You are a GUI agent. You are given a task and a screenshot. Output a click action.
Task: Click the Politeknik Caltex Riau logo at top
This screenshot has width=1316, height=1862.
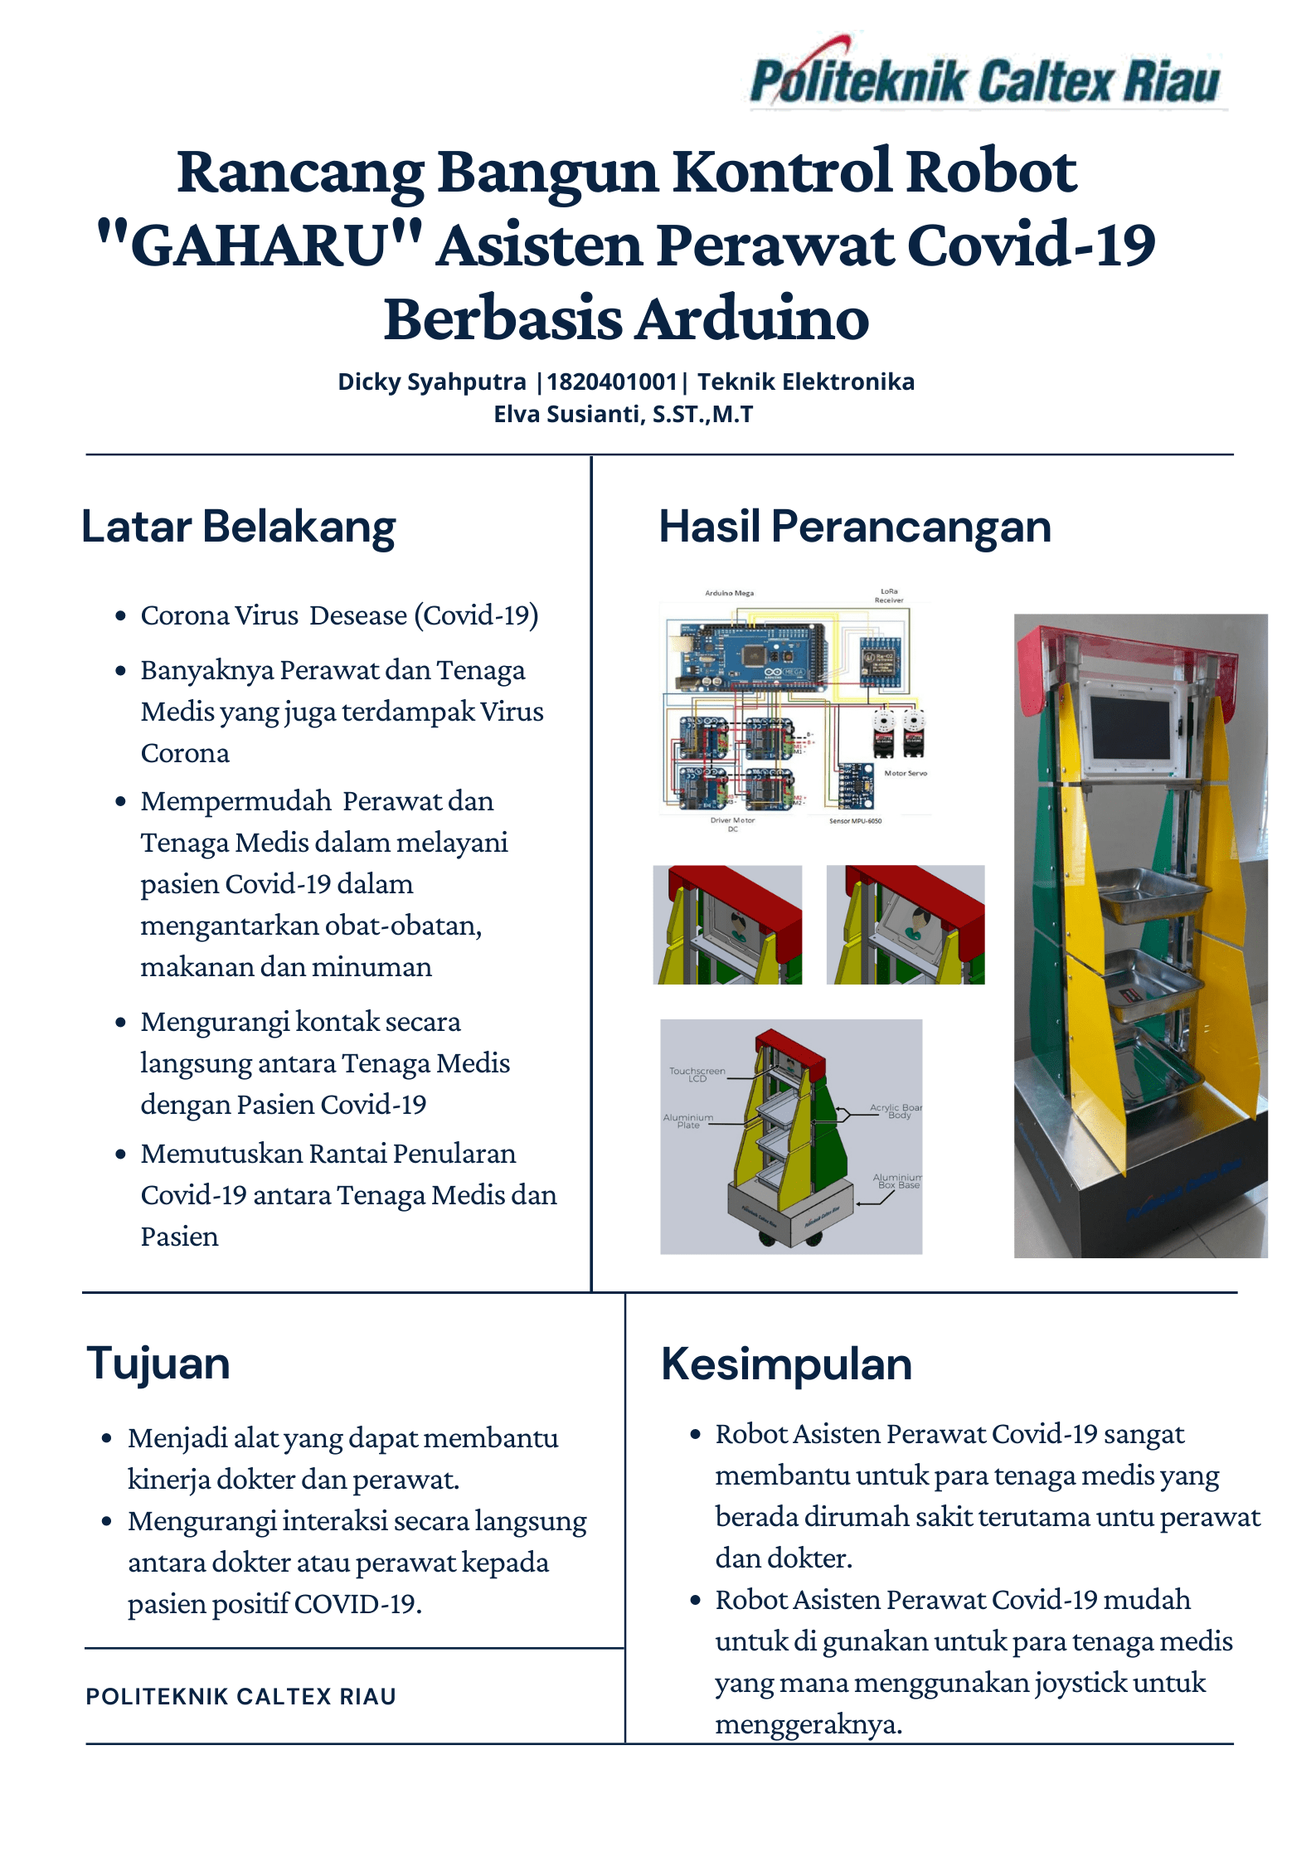(985, 80)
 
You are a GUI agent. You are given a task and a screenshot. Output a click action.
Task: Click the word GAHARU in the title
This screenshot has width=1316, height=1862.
(260, 246)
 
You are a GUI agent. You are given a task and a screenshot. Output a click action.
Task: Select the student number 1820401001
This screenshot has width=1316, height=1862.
(612, 382)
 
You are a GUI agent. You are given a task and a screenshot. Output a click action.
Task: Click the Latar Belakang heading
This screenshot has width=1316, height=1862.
(239, 527)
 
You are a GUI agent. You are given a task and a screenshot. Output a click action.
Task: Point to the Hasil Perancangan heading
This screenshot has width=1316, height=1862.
(855, 527)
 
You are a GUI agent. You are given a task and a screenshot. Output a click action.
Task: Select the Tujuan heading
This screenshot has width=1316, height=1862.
(158, 1364)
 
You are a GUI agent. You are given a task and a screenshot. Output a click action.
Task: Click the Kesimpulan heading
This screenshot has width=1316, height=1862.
(786, 1364)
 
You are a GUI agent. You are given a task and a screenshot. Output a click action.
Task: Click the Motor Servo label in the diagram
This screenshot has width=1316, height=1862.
(906, 773)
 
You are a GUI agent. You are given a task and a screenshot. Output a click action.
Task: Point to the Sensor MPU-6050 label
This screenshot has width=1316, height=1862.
(855, 821)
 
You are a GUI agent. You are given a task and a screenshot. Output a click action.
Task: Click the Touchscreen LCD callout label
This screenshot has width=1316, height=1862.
(697, 1074)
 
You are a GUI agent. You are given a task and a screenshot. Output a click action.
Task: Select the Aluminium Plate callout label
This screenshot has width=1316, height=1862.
(688, 1121)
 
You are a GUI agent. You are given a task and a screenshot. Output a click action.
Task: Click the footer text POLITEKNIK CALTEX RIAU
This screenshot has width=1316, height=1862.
(240, 1696)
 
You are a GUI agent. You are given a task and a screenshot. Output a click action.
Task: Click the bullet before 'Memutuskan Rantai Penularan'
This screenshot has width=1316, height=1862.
(121, 1154)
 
